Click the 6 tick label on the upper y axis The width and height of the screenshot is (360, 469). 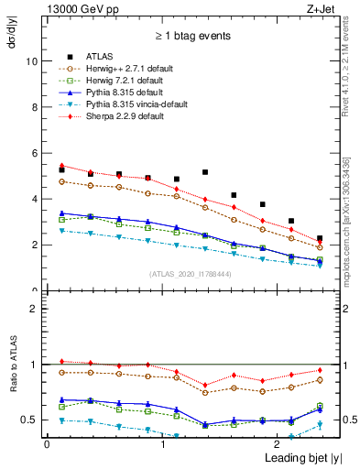34,153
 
